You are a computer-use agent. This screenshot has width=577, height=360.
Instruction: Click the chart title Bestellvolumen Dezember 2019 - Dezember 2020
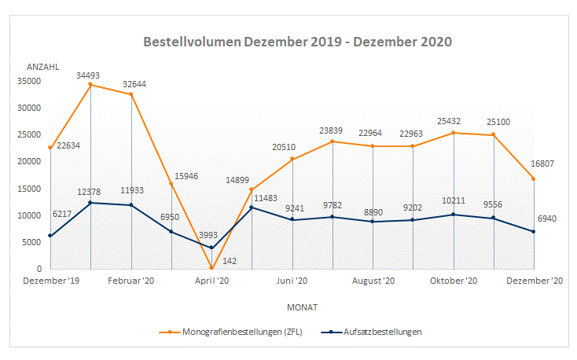click(298, 42)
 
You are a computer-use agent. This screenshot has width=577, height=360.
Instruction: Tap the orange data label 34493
click(90, 75)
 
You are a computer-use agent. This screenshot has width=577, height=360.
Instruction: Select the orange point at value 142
click(211, 268)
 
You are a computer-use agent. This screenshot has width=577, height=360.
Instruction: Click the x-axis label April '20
click(211, 280)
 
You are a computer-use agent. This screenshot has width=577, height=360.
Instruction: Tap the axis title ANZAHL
click(43, 67)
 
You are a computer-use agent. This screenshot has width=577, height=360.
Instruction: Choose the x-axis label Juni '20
click(292, 280)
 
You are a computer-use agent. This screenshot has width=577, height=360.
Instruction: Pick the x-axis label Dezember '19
click(52, 280)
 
